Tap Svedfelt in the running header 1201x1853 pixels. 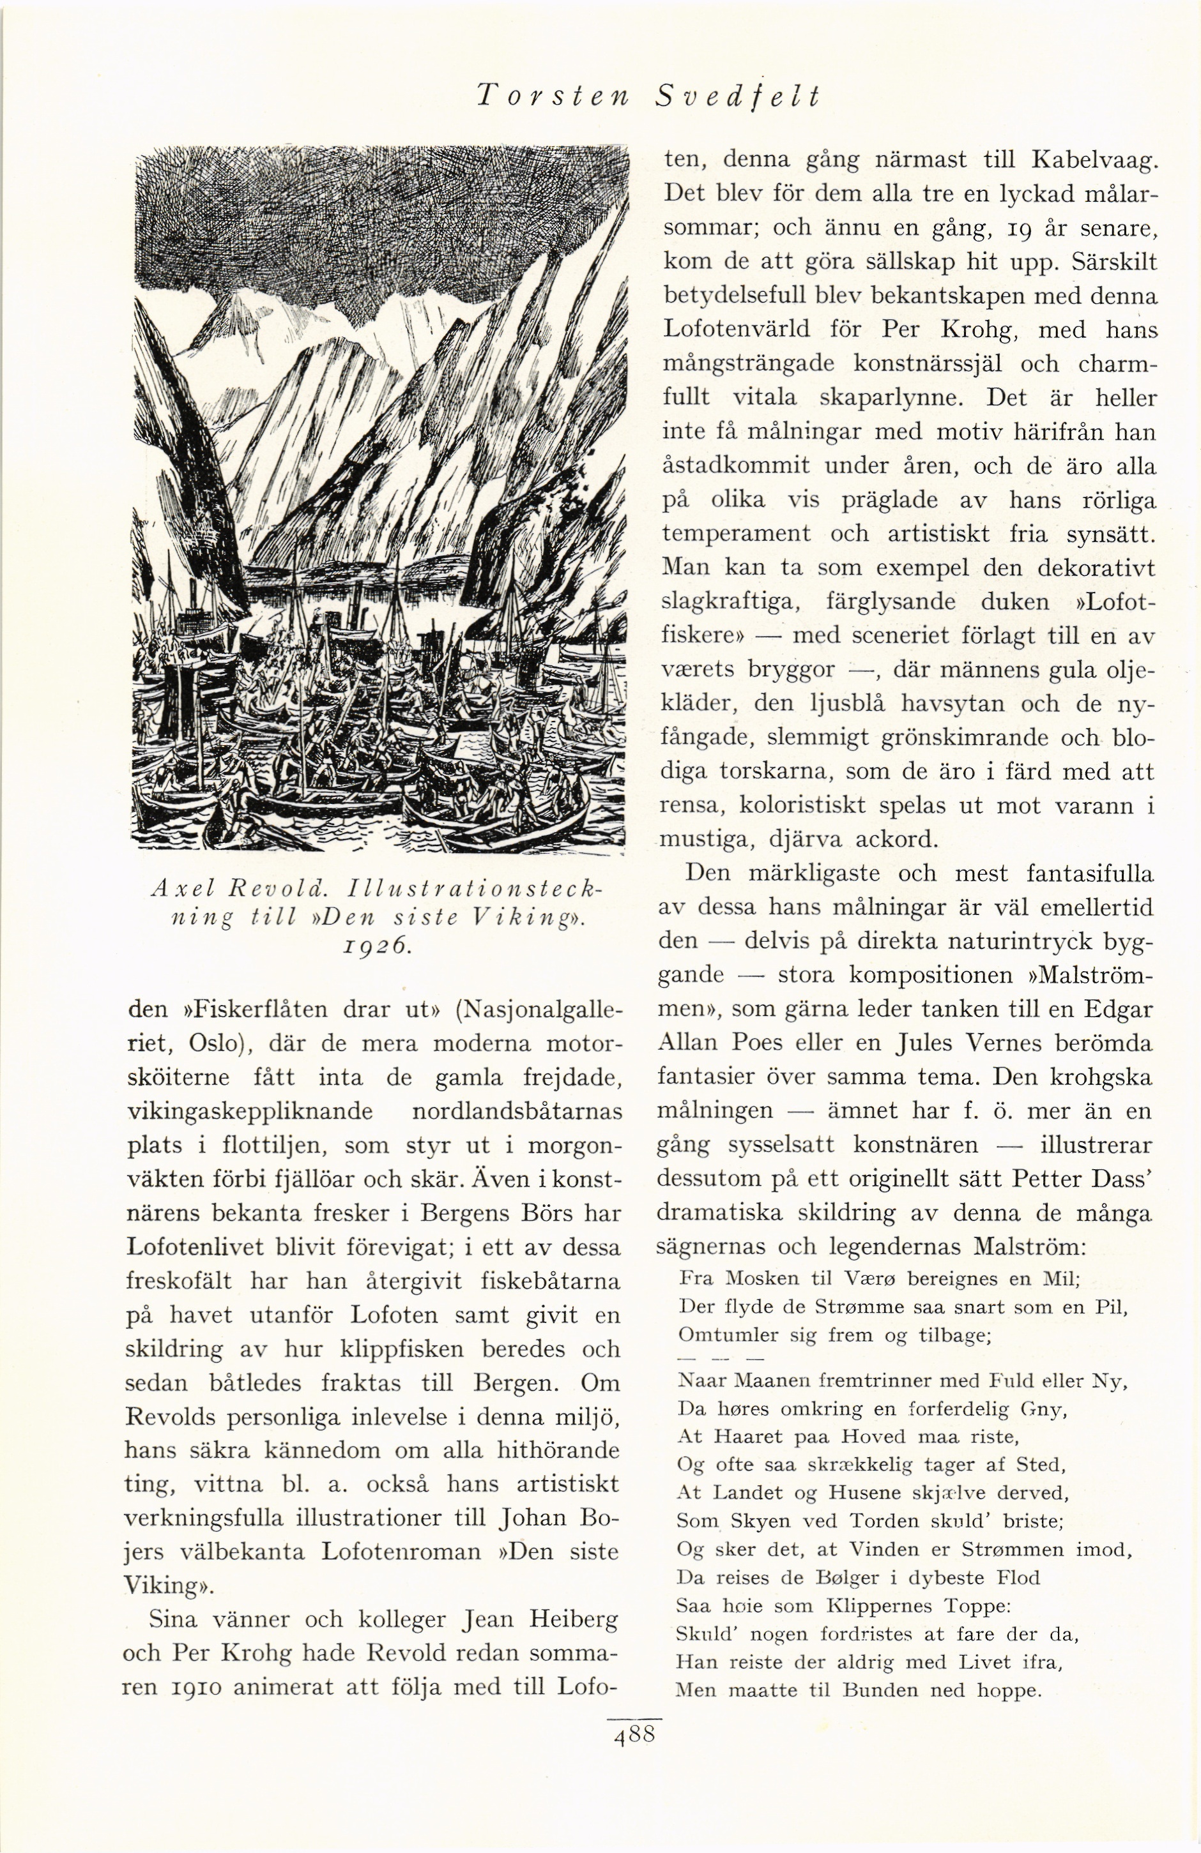tap(738, 96)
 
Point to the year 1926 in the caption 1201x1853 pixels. tap(379, 945)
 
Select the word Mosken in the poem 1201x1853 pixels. tap(757, 1278)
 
